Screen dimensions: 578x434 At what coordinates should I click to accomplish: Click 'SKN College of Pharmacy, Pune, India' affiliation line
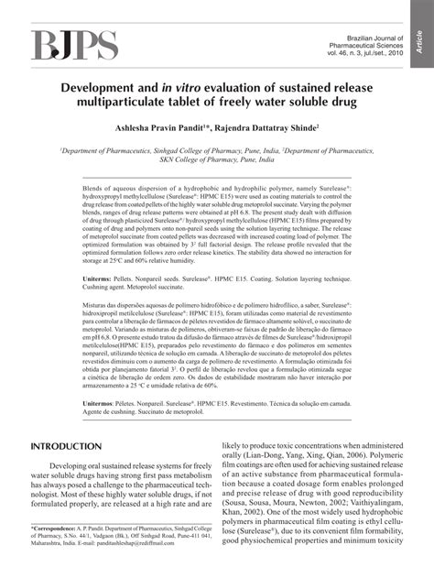click(216, 158)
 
